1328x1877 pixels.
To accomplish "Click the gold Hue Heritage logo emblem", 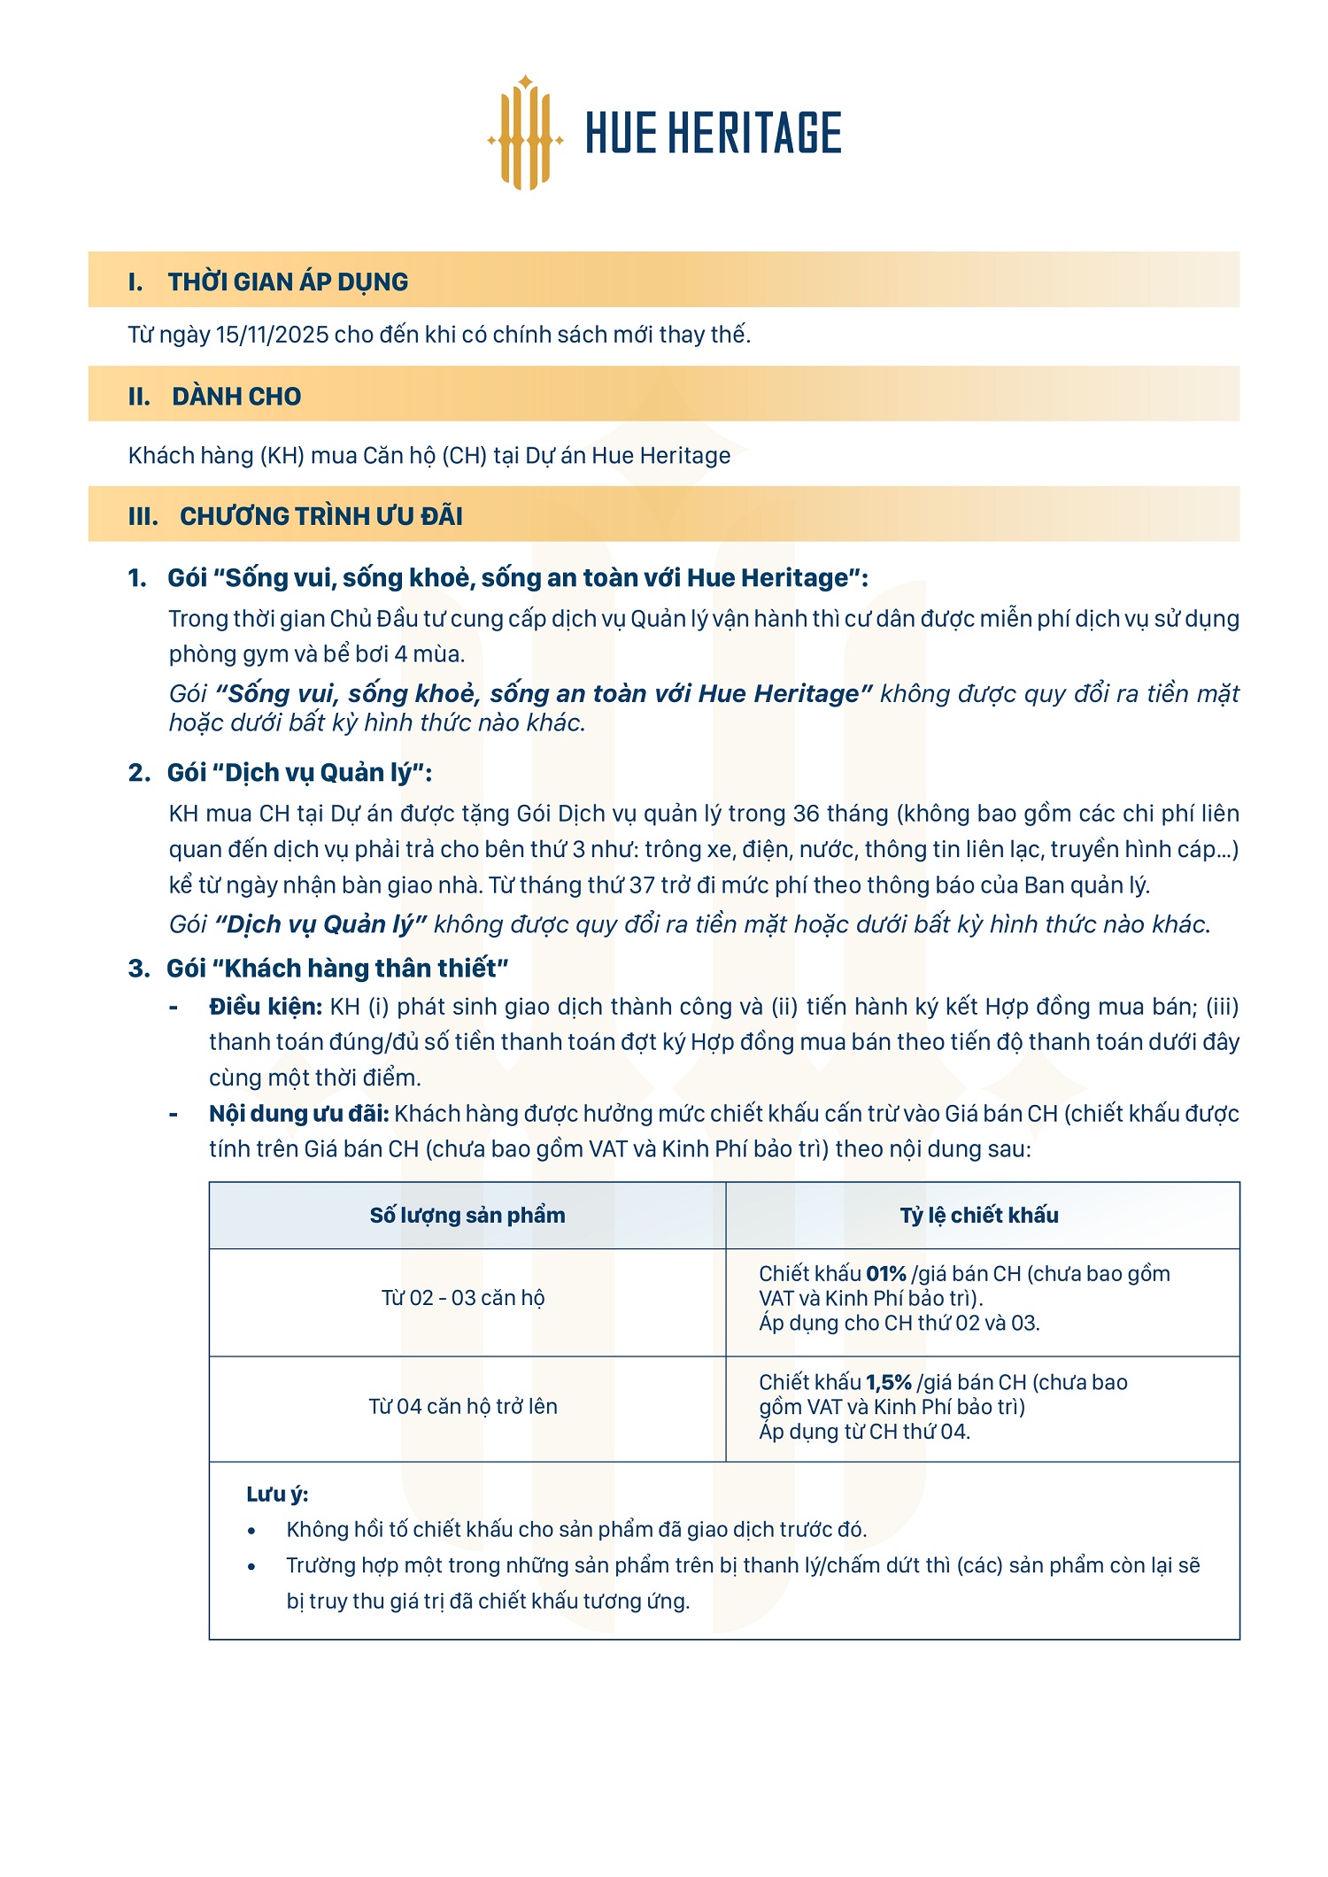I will tap(526, 133).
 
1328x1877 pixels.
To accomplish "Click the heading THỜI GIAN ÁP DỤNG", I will tap(288, 282).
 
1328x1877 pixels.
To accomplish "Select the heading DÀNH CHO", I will tap(236, 396).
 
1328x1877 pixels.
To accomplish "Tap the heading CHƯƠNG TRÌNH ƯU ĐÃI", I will tap(320, 515).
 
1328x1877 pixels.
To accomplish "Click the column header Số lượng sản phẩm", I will tap(467, 1215).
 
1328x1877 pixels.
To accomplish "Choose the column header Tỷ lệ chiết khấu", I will tap(979, 1215).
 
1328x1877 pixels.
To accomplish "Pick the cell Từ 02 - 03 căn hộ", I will tap(463, 1298).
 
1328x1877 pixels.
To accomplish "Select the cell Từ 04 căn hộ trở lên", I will tap(463, 1406).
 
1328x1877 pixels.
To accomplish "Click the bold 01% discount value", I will tap(886, 1274).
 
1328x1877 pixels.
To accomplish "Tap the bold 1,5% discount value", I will tap(889, 1382).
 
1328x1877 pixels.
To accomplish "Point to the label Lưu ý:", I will tap(277, 1494).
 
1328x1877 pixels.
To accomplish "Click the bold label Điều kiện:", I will tap(266, 1007).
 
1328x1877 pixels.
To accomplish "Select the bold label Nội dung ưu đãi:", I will tap(299, 1113).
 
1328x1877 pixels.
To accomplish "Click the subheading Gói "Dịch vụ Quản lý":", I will tap(299, 773).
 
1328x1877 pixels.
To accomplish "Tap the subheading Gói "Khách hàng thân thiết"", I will tap(337, 968).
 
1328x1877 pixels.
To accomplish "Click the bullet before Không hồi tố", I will tap(252, 1530).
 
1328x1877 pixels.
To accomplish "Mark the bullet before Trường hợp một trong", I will tap(252, 1565).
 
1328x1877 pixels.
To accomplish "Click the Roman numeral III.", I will tap(143, 515).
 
